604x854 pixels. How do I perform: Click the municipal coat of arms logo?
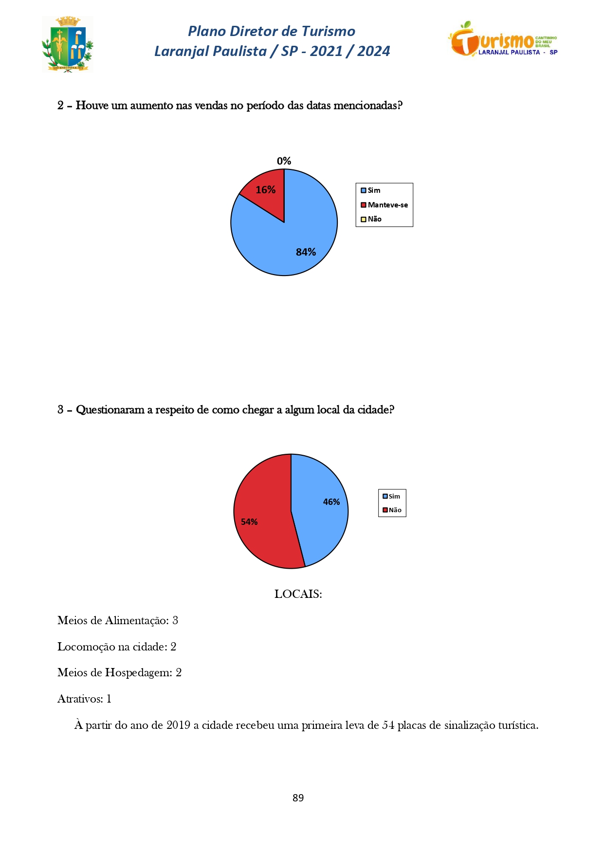point(67,44)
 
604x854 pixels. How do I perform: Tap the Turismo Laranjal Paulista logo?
point(503,39)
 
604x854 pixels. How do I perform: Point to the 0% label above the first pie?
point(284,161)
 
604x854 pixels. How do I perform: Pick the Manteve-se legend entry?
point(384,205)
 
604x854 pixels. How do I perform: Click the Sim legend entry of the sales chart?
point(371,190)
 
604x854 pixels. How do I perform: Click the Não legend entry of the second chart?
point(392,510)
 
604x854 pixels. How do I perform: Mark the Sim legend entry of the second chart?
point(392,497)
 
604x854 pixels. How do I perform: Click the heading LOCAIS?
point(298,594)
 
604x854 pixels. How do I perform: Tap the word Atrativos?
point(80,699)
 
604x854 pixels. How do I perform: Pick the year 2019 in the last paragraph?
point(178,725)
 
